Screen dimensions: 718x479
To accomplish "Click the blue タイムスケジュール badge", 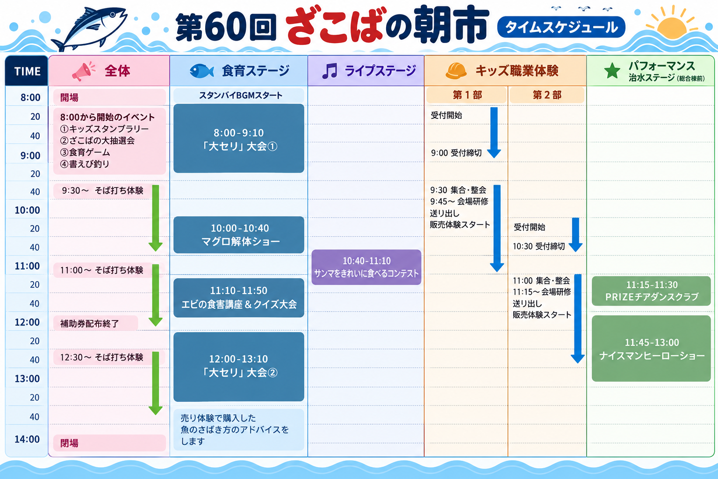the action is click(561, 27).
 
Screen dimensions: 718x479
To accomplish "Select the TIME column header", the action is click(27, 71).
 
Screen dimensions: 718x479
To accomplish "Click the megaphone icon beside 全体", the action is click(83, 71).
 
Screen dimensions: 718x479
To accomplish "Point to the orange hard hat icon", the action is click(456, 71).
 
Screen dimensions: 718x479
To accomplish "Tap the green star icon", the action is click(612, 71).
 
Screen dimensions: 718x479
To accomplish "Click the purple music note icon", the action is click(330, 71).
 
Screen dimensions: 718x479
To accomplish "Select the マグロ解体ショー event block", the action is click(239, 235).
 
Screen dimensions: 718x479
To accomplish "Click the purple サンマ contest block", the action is click(366, 267).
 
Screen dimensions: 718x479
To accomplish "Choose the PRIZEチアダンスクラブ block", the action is click(651, 291).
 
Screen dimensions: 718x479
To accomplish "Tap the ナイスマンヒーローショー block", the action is click(651, 349).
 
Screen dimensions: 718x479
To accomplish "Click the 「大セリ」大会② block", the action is click(239, 367).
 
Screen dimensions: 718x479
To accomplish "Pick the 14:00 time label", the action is click(27, 439).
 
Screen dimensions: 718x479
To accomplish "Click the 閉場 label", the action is click(69, 443).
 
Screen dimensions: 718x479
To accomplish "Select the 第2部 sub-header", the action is click(547, 95).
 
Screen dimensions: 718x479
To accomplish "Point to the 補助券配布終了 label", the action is click(89, 323).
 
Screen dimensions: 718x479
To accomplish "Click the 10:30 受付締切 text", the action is click(539, 247).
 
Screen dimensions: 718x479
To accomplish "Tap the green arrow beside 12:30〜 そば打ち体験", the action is click(156, 384).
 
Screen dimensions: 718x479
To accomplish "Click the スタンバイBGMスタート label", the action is click(241, 95).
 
